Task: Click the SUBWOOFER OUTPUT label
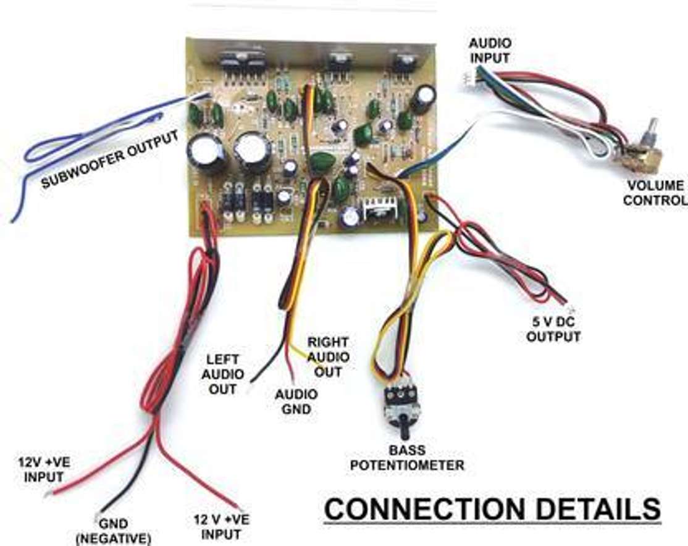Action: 111,158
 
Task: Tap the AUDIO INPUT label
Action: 489,50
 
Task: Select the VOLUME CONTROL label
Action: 654,193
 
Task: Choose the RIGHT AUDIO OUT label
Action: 328,357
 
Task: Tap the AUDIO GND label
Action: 296,401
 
